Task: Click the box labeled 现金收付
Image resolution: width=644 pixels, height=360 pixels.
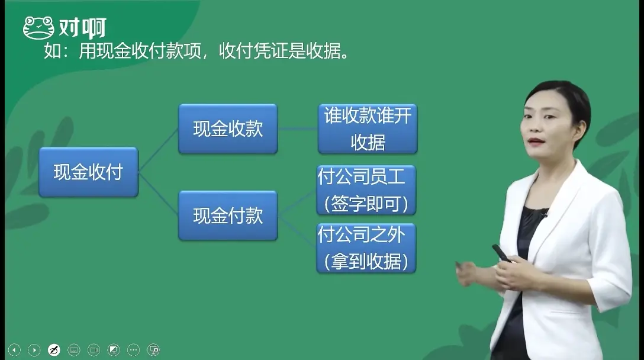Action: [x=88, y=172]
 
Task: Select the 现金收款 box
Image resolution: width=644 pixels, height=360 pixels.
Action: [x=228, y=129]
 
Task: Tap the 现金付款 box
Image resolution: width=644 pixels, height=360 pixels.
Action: [x=228, y=216]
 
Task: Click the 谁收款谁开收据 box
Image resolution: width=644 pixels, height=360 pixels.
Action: [x=368, y=129]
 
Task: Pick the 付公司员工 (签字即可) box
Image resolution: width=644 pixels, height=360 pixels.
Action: [x=366, y=190]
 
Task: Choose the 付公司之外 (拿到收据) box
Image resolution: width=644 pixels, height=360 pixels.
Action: [x=366, y=248]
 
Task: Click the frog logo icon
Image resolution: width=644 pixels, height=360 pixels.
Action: [x=38, y=28]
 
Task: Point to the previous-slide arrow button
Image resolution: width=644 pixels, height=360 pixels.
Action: [x=14, y=350]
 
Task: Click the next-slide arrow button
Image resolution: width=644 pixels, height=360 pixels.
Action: [x=34, y=350]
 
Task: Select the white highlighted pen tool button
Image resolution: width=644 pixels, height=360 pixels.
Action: [x=54, y=350]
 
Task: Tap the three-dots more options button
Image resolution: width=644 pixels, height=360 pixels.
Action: [x=133, y=350]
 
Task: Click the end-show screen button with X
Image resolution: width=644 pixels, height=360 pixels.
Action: [x=153, y=350]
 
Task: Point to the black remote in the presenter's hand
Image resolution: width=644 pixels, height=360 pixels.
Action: [x=501, y=253]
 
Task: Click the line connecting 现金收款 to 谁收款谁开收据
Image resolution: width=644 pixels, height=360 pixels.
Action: [x=298, y=128]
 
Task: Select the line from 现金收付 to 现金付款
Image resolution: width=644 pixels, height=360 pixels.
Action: [x=158, y=192]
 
